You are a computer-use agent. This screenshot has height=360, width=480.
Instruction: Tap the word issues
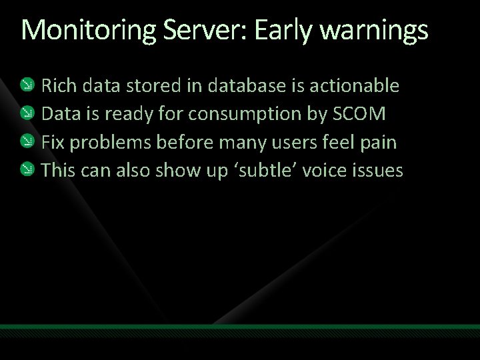379,171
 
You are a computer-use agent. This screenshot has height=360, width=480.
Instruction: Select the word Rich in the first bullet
58,85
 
